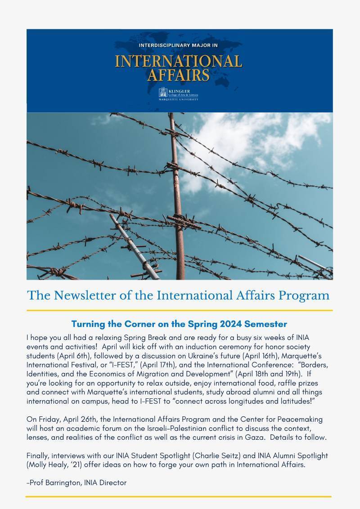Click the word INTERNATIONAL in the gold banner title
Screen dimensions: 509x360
tap(179, 61)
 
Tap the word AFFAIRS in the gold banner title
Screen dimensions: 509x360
tap(179, 75)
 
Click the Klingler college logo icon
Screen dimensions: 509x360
tap(162, 93)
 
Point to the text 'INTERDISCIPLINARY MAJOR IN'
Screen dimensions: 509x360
tap(179, 46)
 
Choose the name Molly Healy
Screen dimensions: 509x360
tap(48, 465)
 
